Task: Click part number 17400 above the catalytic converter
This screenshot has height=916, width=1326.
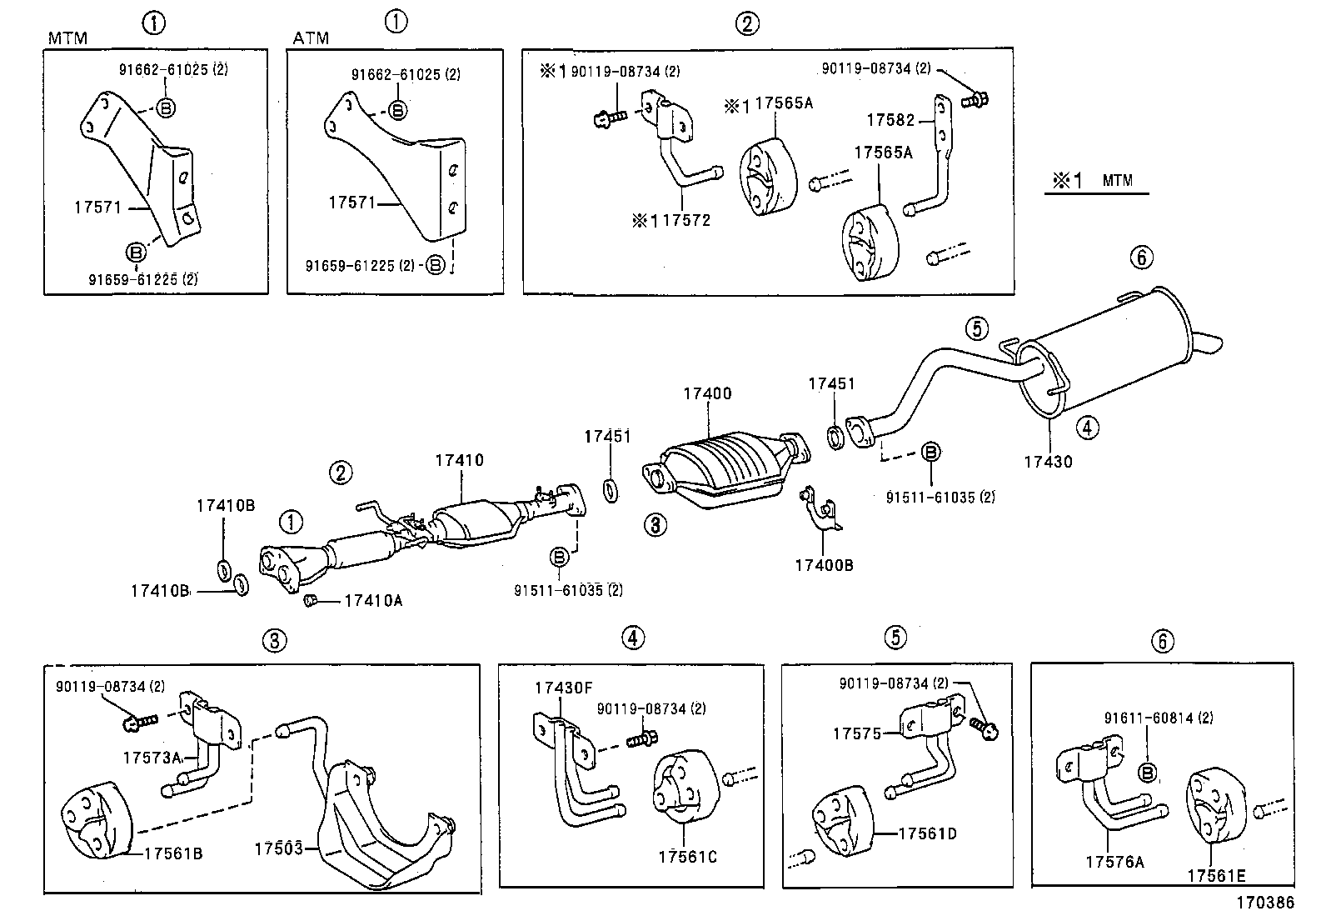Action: click(707, 393)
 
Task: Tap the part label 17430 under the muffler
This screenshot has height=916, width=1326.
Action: click(1048, 461)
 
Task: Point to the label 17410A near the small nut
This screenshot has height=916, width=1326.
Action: click(373, 600)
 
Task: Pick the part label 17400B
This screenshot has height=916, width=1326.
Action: click(823, 565)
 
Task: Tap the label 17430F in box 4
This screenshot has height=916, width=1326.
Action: click(563, 688)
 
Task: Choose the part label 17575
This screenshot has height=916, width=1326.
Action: click(856, 733)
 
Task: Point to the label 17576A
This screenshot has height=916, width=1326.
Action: click(1114, 862)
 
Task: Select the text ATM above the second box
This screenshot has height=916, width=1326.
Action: click(311, 38)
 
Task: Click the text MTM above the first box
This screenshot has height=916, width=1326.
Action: click(67, 38)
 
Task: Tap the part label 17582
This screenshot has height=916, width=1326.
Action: click(890, 120)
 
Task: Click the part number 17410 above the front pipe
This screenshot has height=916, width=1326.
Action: click(458, 460)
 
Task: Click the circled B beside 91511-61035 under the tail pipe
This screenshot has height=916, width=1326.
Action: click(931, 453)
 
